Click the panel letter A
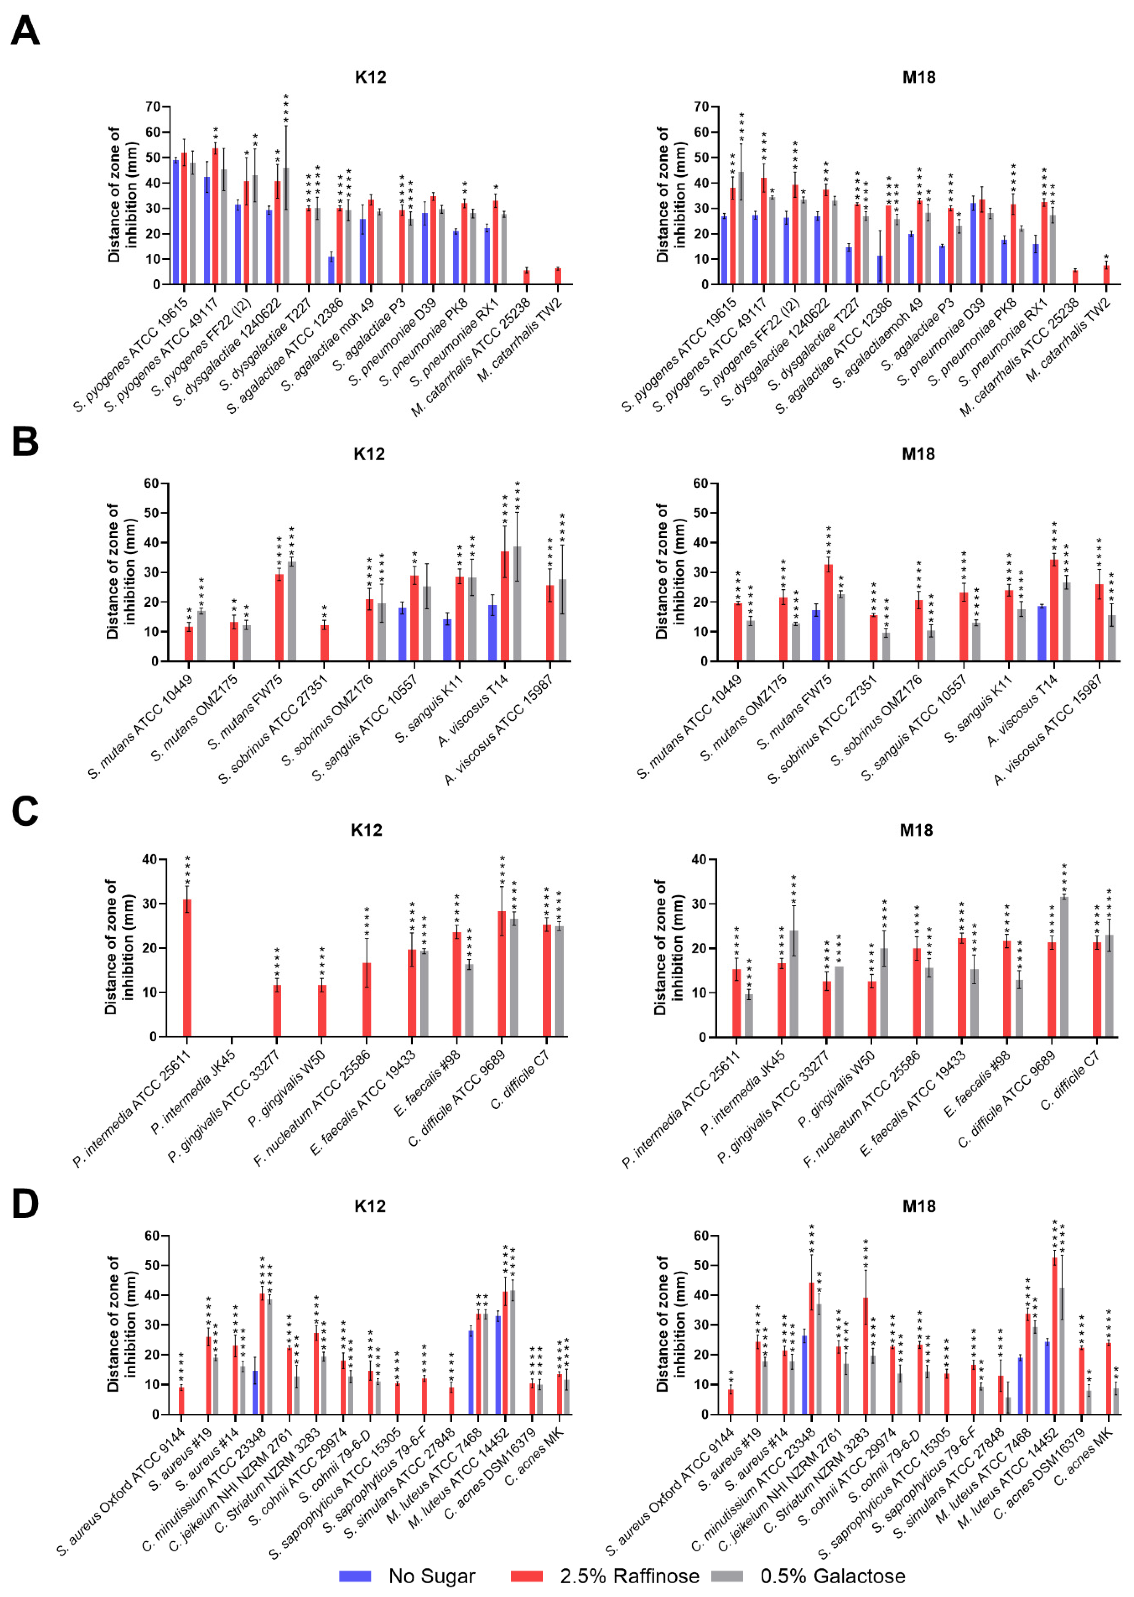coord(25,31)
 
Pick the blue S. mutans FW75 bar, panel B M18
coord(815,635)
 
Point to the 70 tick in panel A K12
coord(153,107)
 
